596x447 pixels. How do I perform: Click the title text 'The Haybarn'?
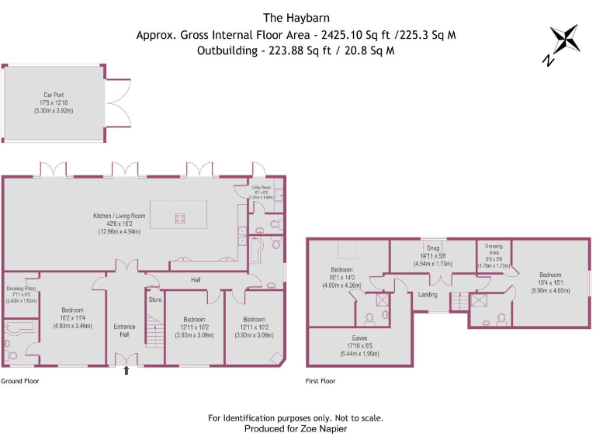[298, 17]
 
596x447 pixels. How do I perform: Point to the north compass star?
[564, 41]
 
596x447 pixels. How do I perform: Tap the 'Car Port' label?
[52, 93]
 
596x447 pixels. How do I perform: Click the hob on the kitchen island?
[179, 218]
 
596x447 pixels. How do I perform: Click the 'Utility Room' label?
[259, 188]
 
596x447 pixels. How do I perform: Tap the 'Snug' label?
[432, 248]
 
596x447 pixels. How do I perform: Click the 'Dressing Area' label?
[494, 249]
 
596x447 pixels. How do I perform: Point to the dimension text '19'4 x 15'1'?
[550, 283]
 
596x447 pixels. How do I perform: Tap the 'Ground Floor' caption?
[20, 381]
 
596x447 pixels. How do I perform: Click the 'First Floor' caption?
[321, 381]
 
